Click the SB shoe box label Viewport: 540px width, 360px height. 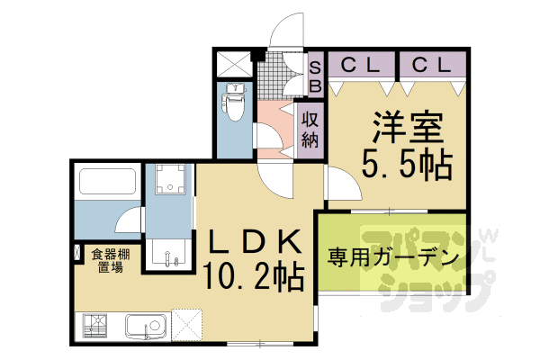[315, 76]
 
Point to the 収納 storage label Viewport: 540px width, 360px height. [310, 129]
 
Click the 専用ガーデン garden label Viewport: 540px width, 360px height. [392, 256]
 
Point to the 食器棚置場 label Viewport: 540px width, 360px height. [109, 261]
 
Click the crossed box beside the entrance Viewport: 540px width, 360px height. [235, 66]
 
